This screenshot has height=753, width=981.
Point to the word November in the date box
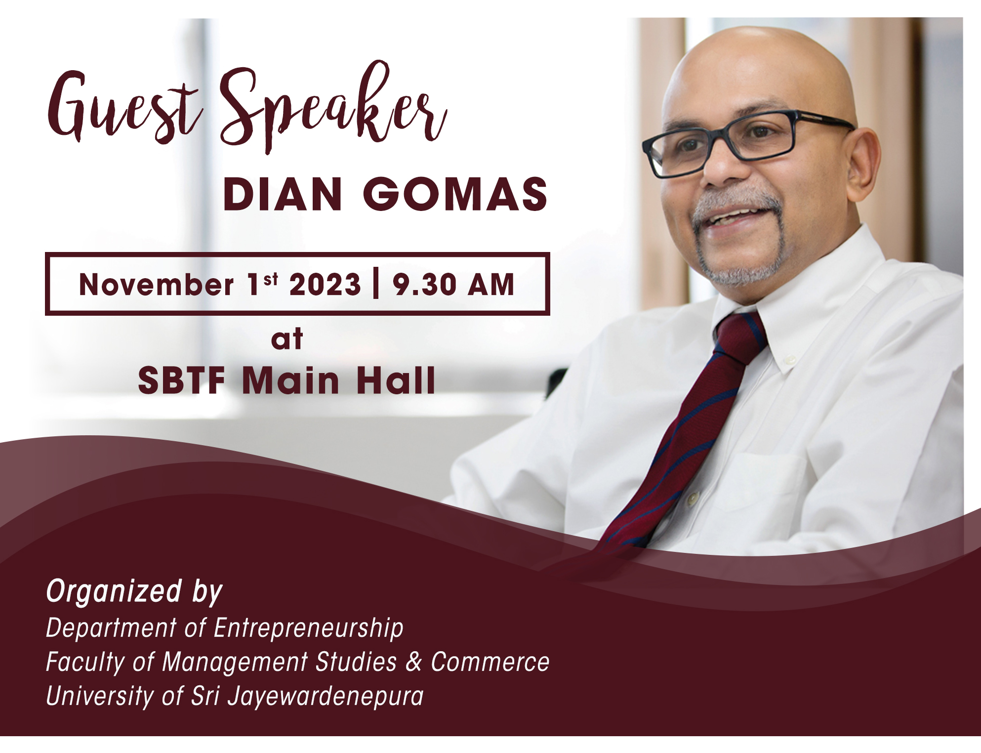(156, 285)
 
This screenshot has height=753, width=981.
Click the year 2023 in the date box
(325, 285)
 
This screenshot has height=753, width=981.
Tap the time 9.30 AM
(453, 285)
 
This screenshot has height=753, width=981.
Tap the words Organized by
(134, 592)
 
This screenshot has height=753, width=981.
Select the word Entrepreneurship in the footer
(309, 628)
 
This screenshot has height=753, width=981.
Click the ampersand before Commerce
(413, 662)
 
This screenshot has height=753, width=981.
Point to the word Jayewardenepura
(326, 697)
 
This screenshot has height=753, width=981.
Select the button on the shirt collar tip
(790, 360)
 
